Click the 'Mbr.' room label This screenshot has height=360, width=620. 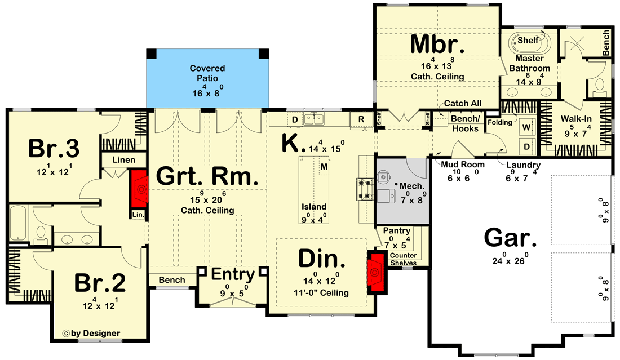(437, 43)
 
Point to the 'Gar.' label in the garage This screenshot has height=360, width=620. (510, 239)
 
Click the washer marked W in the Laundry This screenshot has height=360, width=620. (527, 127)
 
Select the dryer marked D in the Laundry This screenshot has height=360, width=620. (527, 146)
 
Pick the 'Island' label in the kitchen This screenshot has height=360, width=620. (314, 207)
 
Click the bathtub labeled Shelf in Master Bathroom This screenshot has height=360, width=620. (528, 42)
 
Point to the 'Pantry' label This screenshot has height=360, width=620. (396, 231)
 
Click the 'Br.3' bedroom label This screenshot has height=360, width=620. (54, 149)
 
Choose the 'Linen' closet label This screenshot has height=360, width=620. (123, 160)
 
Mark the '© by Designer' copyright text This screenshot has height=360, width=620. (92, 333)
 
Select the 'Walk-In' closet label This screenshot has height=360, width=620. (575, 119)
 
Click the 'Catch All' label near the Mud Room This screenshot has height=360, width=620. (462, 104)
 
